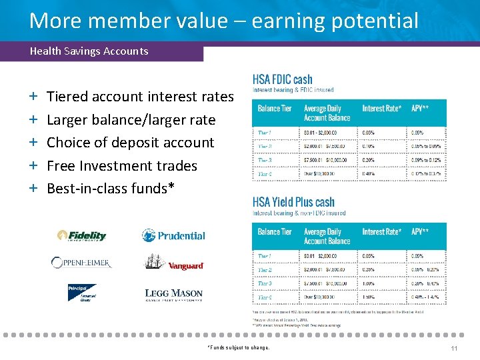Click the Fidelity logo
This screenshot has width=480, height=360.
point(82,235)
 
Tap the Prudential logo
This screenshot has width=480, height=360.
point(173,235)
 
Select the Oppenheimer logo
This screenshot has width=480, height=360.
point(81,263)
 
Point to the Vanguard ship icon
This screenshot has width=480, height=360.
point(155,261)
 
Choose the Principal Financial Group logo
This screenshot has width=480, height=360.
point(82,292)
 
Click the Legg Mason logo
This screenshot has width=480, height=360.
point(173,294)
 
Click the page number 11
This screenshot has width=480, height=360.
point(454,348)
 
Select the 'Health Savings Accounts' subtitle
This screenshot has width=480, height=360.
point(89,51)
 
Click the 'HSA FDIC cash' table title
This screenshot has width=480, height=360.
point(283,79)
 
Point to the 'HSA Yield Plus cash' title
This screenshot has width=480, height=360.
point(293,202)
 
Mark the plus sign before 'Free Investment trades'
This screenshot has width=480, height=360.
point(33,165)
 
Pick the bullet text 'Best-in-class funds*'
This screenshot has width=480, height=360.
point(111,188)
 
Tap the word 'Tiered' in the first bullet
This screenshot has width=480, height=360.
point(67,97)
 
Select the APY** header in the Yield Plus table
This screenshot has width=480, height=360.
point(420,231)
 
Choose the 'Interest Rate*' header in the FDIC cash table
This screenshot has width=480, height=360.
point(382,108)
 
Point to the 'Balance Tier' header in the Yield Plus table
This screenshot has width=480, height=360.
point(275,231)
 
